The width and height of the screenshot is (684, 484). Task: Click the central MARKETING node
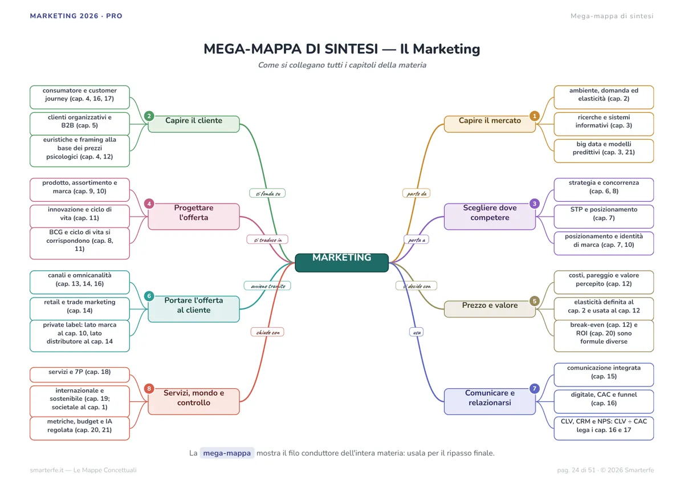pos(341,262)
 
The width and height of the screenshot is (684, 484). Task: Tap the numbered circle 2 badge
pos(149,116)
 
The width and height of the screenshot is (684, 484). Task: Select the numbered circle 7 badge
pos(535,388)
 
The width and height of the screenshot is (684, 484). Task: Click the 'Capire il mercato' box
pos(490,124)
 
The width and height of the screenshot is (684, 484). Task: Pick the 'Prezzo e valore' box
pos(490,309)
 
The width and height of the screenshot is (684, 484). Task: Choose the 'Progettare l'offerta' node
pos(194,216)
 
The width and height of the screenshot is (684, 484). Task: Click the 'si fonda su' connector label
pos(267,193)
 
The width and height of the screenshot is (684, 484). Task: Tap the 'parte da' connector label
pos(416,193)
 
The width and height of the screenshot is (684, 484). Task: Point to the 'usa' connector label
pos(417,332)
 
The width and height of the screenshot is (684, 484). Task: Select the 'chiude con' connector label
pos(267,332)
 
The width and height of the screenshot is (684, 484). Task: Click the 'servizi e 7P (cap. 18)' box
pos(80,375)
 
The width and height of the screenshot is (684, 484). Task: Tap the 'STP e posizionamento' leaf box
pos(604,216)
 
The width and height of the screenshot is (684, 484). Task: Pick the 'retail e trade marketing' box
pos(80,309)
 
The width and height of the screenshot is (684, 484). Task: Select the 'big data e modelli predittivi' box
pos(604,151)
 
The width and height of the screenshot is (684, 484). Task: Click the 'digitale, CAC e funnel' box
pos(604,401)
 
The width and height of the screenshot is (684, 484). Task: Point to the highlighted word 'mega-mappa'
pos(227,453)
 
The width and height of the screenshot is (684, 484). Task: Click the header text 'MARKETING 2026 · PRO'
pos(76,16)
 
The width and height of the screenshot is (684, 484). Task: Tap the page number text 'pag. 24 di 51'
pos(576,470)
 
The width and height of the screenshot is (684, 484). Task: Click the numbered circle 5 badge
pos(535,301)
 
